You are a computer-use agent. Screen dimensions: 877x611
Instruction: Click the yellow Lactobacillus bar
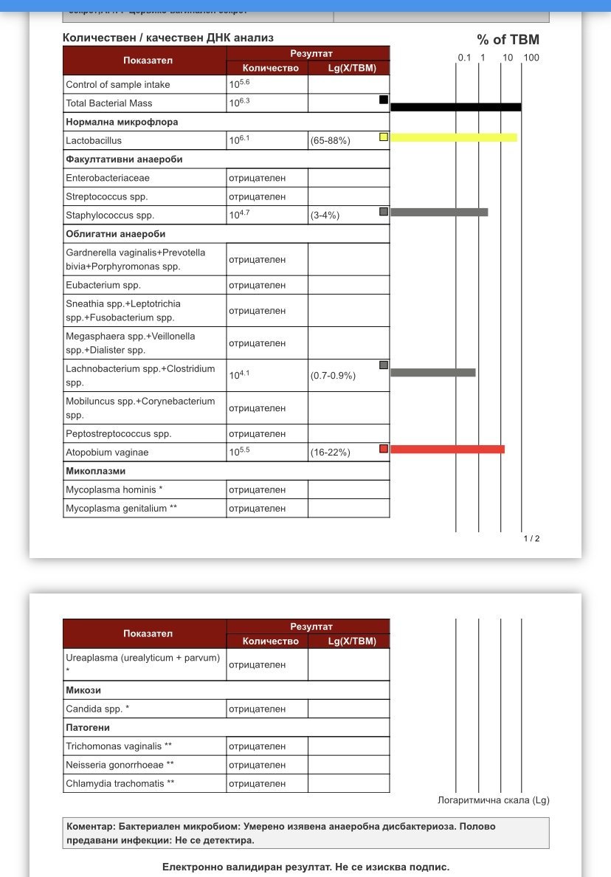tap(453, 137)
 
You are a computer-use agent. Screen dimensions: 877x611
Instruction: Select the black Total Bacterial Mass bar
tap(455, 107)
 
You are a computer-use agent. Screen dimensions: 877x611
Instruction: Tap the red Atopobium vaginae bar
tap(447, 449)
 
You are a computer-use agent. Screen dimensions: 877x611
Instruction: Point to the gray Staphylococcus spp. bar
tap(439, 213)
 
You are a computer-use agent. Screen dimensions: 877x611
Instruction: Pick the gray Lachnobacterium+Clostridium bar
tap(432, 372)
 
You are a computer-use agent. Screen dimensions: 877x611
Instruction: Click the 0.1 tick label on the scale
tap(464, 58)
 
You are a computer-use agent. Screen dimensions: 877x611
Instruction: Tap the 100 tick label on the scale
tap(531, 58)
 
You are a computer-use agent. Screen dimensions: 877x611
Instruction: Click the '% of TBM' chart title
tap(508, 40)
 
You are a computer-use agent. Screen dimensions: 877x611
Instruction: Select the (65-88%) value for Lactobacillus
tap(331, 140)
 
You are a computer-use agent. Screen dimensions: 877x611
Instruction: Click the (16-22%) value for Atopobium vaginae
tap(331, 453)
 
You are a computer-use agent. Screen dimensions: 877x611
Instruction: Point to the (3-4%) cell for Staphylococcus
tap(325, 216)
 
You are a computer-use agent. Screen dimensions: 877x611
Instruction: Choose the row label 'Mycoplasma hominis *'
tap(114, 489)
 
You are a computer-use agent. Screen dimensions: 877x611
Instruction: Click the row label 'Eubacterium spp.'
tap(103, 285)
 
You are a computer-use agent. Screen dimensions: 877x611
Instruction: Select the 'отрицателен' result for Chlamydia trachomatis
tap(257, 783)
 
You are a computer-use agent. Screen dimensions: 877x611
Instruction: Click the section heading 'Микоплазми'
tap(96, 471)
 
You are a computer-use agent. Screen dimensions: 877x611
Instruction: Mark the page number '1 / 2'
tap(531, 538)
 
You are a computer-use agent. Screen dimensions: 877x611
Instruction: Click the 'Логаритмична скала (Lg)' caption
tap(494, 800)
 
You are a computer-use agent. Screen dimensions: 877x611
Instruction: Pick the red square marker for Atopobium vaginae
tap(384, 449)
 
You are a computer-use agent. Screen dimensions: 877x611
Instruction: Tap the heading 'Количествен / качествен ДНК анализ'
tap(168, 38)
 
